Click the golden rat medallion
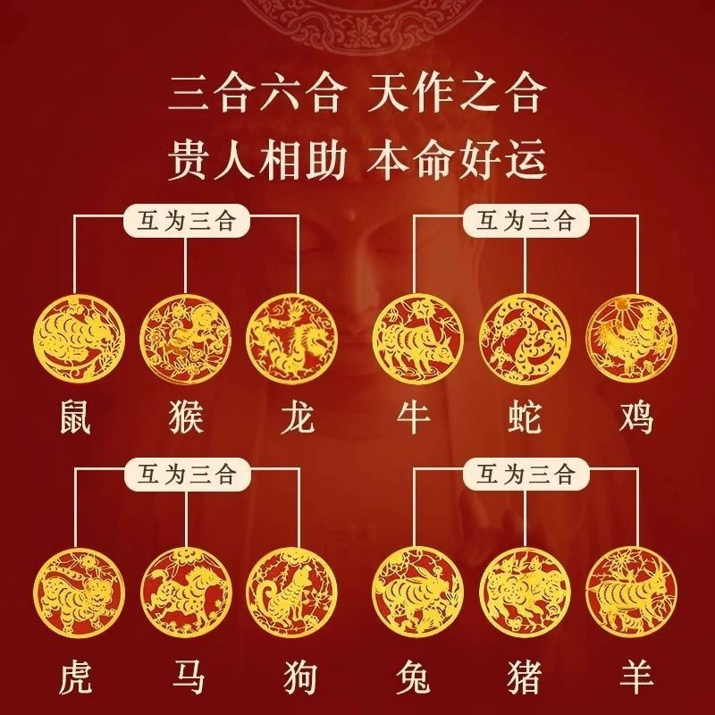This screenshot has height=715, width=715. click(x=79, y=339)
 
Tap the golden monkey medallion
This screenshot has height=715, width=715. click(x=186, y=339)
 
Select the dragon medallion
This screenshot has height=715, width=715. click(x=292, y=339)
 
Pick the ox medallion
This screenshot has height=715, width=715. click(x=418, y=339)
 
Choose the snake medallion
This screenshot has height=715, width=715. click(x=525, y=339)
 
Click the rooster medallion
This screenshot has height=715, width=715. click(x=632, y=339)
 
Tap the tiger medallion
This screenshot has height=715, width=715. click(x=79, y=593)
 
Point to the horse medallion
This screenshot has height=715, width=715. click(x=186, y=593)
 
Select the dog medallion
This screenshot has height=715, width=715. click(x=292, y=593)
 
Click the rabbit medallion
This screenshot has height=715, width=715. click(x=418, y=593)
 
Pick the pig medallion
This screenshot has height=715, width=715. click(x=525, y=593)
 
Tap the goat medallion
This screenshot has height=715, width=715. click(x=632, y=593)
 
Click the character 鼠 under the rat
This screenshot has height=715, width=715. click(x=76, y=416)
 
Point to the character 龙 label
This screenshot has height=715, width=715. click(x=298, y=416)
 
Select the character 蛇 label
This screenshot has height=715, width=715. click(x=525, y=416)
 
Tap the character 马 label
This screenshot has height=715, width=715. click(x=188, y=677)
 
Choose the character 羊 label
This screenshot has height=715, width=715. click(x=636, y=677)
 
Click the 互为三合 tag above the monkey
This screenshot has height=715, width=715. click(x=187, y=221)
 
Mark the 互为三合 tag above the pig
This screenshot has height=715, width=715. click(x=526, y=475)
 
